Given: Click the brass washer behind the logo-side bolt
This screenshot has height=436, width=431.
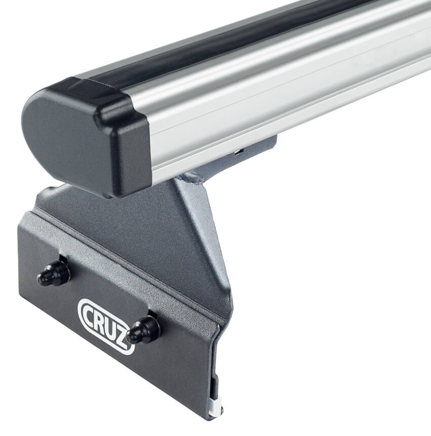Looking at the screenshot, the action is [154, 324].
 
